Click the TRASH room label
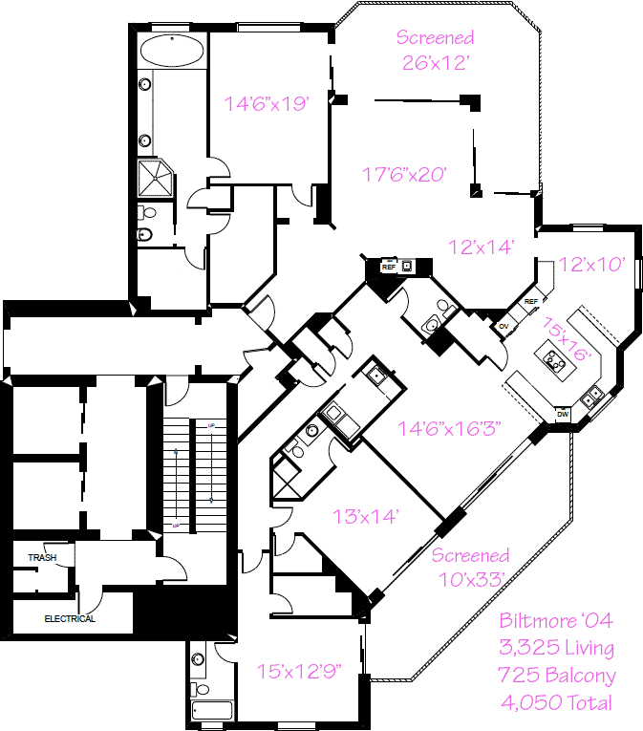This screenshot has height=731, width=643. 42,557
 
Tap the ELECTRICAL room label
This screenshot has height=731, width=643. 70,618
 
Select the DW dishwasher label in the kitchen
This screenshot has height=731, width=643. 563,414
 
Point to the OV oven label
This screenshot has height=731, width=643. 504,326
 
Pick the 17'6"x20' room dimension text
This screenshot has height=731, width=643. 405,174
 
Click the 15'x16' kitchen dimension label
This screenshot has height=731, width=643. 568,339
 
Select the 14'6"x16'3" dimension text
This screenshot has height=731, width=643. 450,426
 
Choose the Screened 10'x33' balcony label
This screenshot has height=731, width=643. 470,567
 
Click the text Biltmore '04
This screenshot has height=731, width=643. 557,621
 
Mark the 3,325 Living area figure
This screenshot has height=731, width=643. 557,649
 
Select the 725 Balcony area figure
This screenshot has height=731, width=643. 557,676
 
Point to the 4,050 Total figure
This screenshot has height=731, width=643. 557,703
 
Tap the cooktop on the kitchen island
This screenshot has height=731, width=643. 553,360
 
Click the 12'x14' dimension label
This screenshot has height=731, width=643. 482,247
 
